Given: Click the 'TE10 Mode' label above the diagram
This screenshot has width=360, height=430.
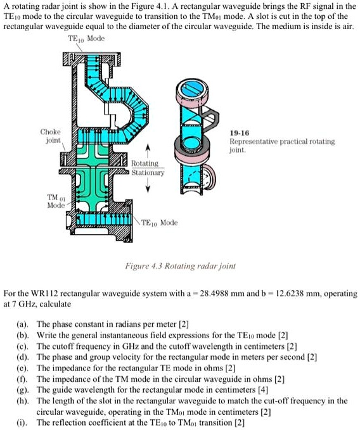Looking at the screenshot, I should (x=87, y=39).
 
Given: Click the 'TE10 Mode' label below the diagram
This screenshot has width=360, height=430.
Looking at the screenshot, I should (x=159, y=223).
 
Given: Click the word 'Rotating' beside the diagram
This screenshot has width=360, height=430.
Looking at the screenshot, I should (x=145, y=163).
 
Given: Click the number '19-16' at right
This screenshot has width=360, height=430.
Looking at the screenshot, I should (x=240, y=134).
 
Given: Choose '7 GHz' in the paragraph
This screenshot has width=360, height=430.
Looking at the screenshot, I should (x=24, y=304).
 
